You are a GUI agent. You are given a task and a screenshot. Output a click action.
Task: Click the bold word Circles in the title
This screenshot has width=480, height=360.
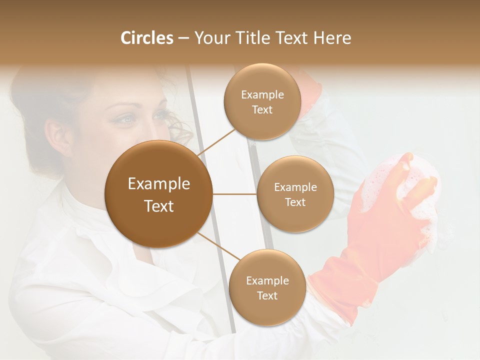coord(146,38)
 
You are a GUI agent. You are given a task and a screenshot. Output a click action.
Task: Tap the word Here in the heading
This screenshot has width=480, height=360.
coord(332,38)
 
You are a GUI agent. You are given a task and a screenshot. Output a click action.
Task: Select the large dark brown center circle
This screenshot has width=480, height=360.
coord(158,194)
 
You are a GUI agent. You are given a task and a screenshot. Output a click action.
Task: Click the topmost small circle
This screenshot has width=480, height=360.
coord(262,102)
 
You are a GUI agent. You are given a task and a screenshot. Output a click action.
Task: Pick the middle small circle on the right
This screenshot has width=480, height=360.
coord(295,194)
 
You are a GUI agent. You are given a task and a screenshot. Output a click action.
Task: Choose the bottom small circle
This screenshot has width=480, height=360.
coord(267,287)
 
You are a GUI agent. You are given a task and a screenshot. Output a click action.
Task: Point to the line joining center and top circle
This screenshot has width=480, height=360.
coord(216,142)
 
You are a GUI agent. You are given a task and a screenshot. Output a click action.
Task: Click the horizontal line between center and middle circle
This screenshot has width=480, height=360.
coord(234,194)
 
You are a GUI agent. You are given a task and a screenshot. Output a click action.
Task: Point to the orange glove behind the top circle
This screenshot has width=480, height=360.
coord(310,92)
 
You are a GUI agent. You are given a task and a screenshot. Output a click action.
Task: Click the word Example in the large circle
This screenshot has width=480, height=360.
coord(158,183)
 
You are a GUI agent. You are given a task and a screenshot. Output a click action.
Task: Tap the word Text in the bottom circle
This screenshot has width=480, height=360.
coord(267,295)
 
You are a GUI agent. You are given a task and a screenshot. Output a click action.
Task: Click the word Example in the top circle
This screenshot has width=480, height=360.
coord(262,94)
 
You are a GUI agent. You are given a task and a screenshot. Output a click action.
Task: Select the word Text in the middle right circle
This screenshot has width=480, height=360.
coord(295,202)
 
